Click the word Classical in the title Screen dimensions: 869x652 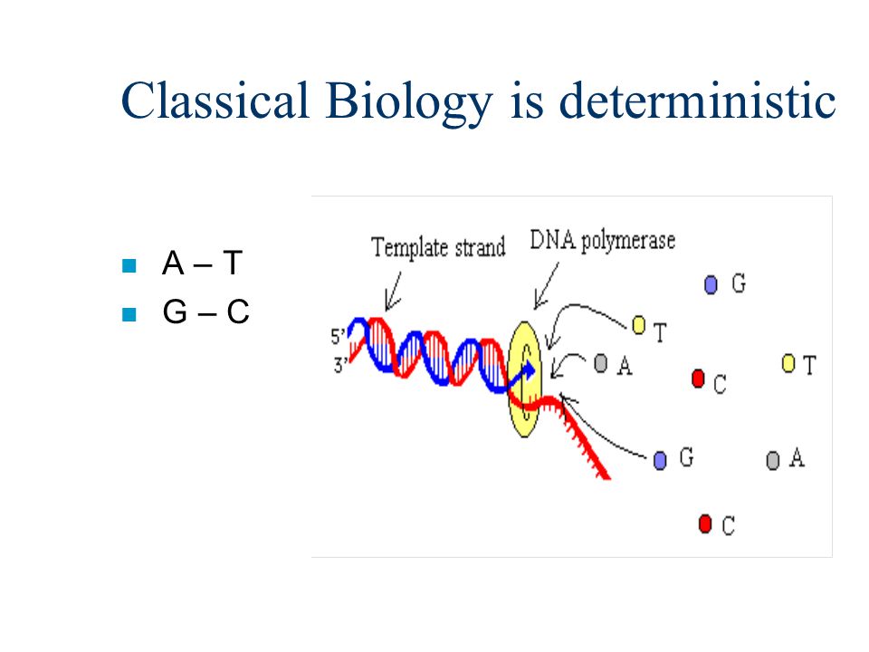click(215, 101)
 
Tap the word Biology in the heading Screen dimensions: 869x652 click(408, 103)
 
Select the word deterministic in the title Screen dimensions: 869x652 click(697, 101)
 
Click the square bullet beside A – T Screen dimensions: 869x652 click(129, 265)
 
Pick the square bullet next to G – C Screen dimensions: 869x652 click(129, 314)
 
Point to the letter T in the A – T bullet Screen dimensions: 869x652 click(233, 263)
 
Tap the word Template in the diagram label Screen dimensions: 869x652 click(409, 247)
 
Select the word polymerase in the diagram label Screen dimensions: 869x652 click(628, 242)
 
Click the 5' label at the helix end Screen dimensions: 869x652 click(338, 336)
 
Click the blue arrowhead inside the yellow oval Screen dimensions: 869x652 click(530, 370)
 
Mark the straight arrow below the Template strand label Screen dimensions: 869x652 click(394, 291)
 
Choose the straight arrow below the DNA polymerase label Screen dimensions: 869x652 click(547, 285)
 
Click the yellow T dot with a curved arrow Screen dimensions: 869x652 click(639, 325)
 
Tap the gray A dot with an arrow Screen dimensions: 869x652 click(601, 364)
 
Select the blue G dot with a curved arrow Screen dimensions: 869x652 click(660, 460)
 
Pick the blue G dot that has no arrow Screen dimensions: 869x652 click(711, 285)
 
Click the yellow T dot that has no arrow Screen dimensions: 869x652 click(788, 364)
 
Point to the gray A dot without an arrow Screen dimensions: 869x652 click(773, 460)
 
